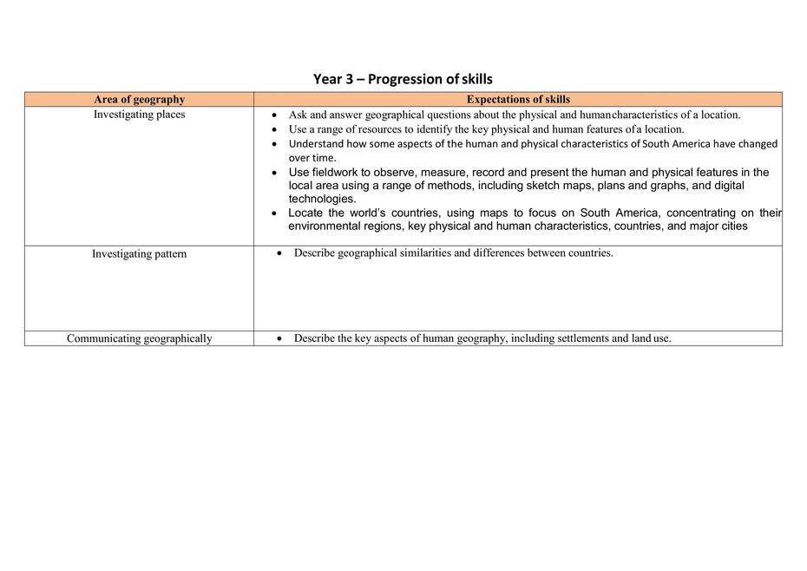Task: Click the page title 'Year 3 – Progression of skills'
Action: (403, 79)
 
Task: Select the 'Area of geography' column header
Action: (139, 100)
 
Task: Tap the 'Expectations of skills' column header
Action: (518, 100)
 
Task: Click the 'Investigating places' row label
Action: (139, 115)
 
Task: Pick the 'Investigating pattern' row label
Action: (139, 254)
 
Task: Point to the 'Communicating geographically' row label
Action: (139, 338)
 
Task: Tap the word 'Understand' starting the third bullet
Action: (317, 144)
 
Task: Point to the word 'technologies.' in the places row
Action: (322, 199)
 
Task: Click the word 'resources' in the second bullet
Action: (371, 129)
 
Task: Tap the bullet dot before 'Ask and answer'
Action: (274, 115)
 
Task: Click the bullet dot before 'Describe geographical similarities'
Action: (279, 254)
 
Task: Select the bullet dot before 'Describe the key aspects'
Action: (279, 339)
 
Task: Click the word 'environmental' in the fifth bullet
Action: (326, 226)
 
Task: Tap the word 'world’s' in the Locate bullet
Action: (368, 213)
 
